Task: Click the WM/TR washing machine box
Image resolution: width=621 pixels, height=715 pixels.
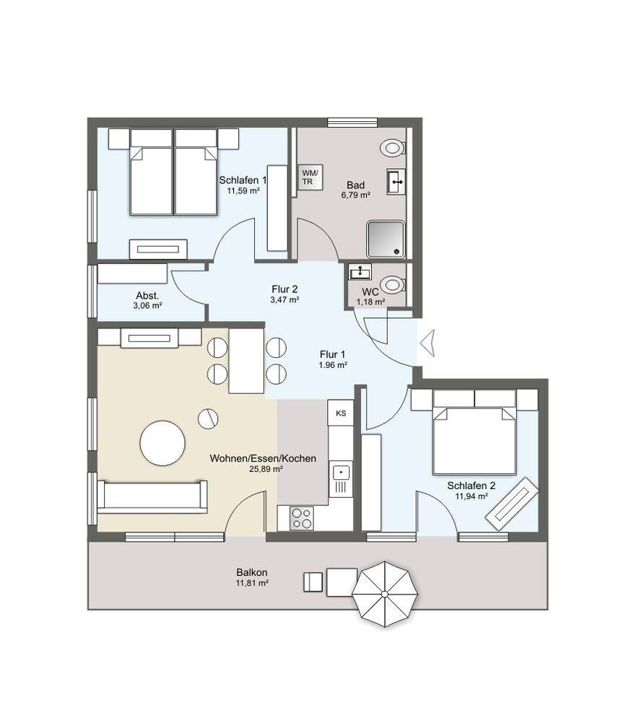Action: point(310,177)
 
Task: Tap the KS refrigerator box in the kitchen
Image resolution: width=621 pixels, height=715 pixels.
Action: point(341,413)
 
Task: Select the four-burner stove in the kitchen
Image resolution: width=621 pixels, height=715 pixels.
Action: point(302,519)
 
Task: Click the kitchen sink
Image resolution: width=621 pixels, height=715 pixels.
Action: point(342,479)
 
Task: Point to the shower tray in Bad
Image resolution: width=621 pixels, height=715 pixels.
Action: point(386,240)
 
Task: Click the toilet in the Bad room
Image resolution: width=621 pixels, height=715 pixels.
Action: point(392,147)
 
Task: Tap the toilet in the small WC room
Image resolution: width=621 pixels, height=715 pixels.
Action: point(392,285)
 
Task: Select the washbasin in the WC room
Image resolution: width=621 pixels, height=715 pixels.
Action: point(360,272)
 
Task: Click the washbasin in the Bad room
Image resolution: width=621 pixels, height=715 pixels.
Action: point(396,182)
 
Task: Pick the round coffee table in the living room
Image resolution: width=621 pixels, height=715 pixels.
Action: point(162,443)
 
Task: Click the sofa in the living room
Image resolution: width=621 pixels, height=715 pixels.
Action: point(152,497)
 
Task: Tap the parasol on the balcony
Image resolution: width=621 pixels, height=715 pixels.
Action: point(385,595)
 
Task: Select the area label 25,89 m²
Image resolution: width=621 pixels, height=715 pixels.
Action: point(266,469)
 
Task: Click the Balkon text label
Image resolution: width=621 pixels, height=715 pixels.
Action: point(252,572)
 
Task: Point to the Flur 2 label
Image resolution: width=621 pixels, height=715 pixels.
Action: point(285,289)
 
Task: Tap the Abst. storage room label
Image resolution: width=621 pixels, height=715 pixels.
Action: point(147,296)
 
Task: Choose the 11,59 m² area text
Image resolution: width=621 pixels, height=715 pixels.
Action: point(243,191)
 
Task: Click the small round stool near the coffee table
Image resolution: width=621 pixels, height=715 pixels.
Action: point(208,418)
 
